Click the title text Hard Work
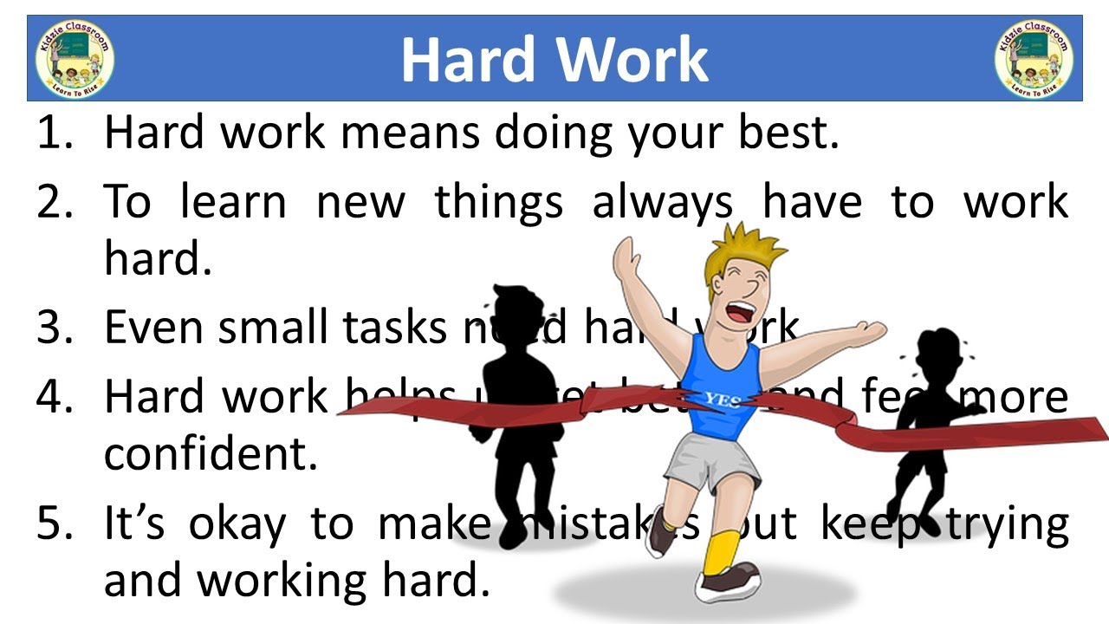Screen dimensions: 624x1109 point(554,59)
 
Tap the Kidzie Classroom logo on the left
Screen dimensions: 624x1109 point(75,59)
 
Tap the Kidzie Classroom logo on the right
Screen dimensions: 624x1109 point(1034,59)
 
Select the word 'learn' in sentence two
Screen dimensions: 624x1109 point(232,201)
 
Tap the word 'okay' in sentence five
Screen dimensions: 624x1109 point(236,523)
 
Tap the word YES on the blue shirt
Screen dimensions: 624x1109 point(721,399)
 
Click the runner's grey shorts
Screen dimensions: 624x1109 point(710,459)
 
